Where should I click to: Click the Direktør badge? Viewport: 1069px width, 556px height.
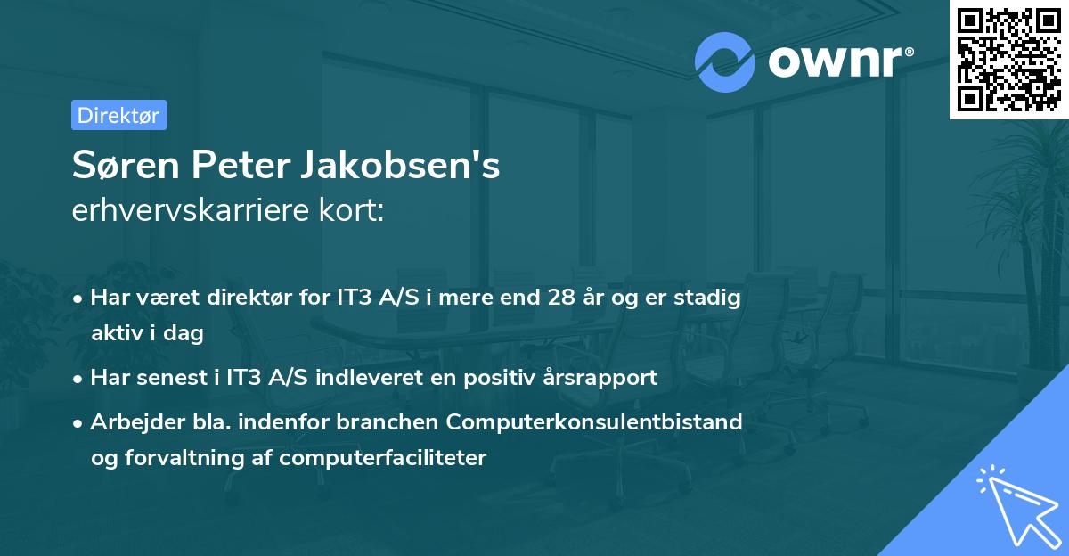(x=118, y=115)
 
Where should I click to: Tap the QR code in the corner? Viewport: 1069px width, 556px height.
(x=1008, y=60)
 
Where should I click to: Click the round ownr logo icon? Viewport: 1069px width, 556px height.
(x=724, y=61)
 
